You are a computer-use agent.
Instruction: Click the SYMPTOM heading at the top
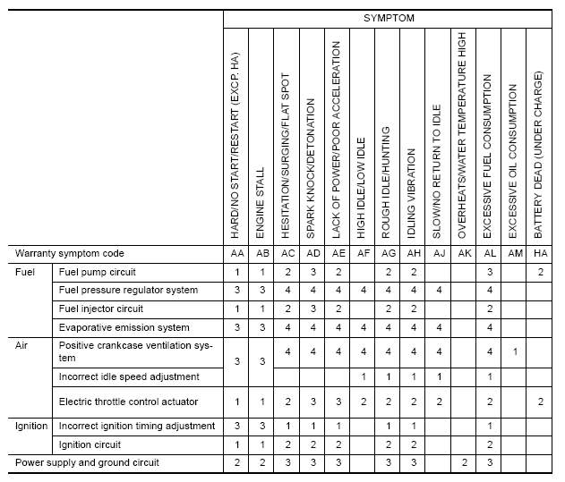pyautogui.click(x=389, y=18)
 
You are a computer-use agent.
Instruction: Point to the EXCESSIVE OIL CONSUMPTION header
pyautogui.click(x=513, y=161)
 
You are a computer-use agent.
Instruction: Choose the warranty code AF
pyautogui.click(x=362, y=253)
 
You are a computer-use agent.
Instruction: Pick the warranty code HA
pyautogui.click(x=540, y=253)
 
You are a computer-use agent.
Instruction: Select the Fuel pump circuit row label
pyautogui.click(x=97, y=271)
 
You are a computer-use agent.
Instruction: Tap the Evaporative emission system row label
pyautogui.click(x=124, y=327)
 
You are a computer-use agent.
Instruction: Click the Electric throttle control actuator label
pyautogui.click(x=128, y=402)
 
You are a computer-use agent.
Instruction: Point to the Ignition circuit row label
pyautogui.click(x=90, y=444)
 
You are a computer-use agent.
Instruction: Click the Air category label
pyautogui.click(x=24, y=344)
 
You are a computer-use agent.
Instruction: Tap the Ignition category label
pyautogui.click(x=31, y=426)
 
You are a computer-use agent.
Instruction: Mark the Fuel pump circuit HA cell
pyautogui.click(x=540, y=271)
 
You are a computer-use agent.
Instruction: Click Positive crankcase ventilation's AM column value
pyautogui.click(x=514, y=352)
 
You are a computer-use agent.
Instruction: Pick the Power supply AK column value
pyautogui.click(x=464, y=462)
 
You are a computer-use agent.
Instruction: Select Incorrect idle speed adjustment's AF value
pyautogui.click(x=362, y=377)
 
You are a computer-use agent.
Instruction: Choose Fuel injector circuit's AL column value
pyautogui.click(x=489, y=309)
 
